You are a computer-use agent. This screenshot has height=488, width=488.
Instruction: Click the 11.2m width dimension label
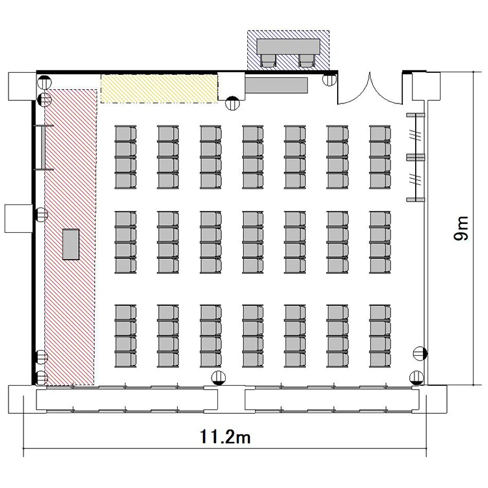[x=224, y=437]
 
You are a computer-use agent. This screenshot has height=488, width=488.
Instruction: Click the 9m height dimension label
[x=461, y=228]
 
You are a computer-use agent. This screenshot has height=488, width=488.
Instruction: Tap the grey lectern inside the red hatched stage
[x=71, y=244]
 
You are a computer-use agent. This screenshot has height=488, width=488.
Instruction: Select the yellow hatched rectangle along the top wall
[x=159, y=88]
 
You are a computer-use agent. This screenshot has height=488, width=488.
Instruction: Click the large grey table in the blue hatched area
[x=288, y=46]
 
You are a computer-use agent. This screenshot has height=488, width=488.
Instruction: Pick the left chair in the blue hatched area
[x=268, y=61]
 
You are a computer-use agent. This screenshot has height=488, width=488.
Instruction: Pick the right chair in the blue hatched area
[x=306, y=61]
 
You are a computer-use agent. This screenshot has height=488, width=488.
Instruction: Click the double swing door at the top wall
[x=370, y=88]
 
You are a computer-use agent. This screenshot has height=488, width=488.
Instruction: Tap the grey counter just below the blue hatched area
[x=277, y=85]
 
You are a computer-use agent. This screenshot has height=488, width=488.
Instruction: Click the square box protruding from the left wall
[x=19, y=219]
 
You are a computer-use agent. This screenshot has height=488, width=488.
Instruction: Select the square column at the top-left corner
[x=22, y=86]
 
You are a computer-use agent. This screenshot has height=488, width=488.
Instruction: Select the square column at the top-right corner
[x=426, y=86]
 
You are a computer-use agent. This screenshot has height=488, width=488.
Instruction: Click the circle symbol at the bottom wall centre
[x=218, y=378]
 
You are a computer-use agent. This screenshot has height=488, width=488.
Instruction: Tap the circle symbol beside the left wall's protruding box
[x=42, y=215]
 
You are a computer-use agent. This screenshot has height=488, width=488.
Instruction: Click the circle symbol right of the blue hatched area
[x=329, y=79]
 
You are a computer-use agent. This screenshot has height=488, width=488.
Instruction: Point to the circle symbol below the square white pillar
[x=232, y=103]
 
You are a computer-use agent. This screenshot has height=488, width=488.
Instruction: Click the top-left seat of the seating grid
[x=126, y=134]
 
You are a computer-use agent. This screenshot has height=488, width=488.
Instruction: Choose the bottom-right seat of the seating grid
[x=380, y=359]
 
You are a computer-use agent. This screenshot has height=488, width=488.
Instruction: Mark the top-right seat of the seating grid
[x=380, y=134]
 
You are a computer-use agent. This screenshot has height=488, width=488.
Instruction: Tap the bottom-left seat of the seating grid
[x=126, y=359]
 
